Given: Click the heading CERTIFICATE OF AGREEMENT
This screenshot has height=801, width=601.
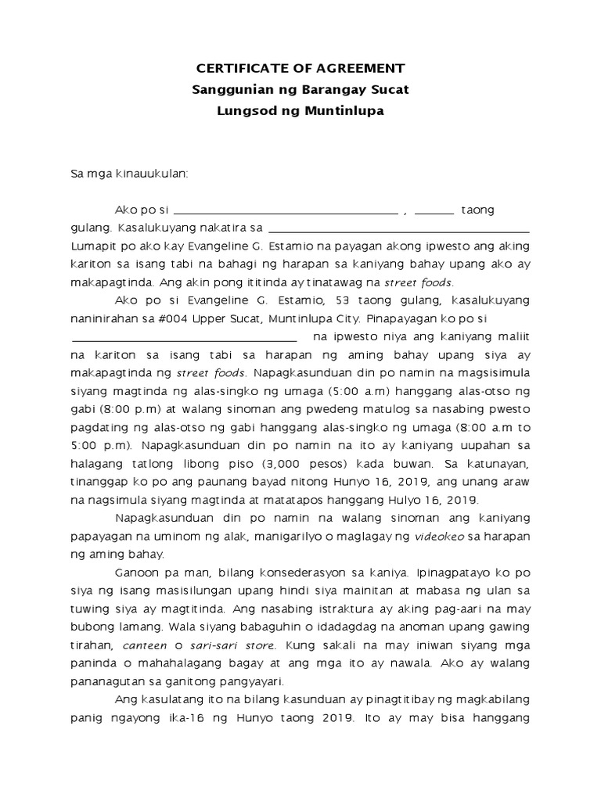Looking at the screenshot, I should click(x=300, y=68).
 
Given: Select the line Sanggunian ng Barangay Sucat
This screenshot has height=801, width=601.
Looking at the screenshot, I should click(x=300, y=89).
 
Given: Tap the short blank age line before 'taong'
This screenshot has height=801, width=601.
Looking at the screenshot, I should click(x=434, y=212).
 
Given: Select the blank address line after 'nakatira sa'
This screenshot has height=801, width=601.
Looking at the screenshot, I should click(x=398, y=232).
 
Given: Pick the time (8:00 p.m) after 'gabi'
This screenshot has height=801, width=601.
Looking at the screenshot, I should click(x=134, y=409).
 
